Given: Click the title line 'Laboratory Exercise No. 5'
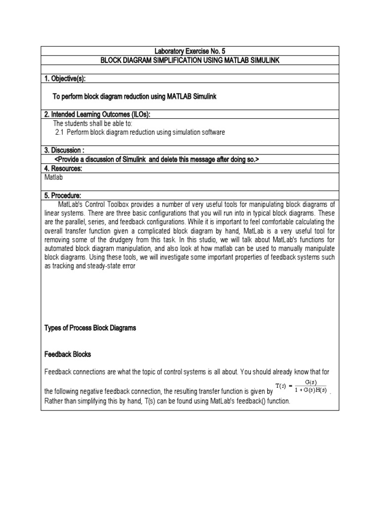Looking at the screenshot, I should click(x=190, y=51).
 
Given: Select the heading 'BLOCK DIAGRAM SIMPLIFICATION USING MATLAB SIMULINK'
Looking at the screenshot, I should click(x=190, y=60).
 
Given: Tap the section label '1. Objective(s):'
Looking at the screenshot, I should click(x=68, y=78).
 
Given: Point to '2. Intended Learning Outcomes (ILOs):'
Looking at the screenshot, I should click(x=97, y=114).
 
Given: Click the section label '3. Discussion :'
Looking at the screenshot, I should click(x=65, y=150).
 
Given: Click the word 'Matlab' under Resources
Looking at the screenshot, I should click(x=54, y=177).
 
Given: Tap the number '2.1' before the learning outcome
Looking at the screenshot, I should click(x=59, y=132).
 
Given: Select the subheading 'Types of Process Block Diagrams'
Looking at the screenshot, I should click(x=90, y=328).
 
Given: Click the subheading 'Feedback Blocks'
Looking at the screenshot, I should click(x=68, y=355).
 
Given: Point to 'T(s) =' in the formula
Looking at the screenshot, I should click(x=285, y=386).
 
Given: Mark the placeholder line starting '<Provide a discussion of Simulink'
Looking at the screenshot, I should click(x=156, y=159).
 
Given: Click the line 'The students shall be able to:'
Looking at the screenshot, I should click(x=93, y=123).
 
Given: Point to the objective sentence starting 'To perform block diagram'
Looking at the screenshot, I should click(x=134, y=97).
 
